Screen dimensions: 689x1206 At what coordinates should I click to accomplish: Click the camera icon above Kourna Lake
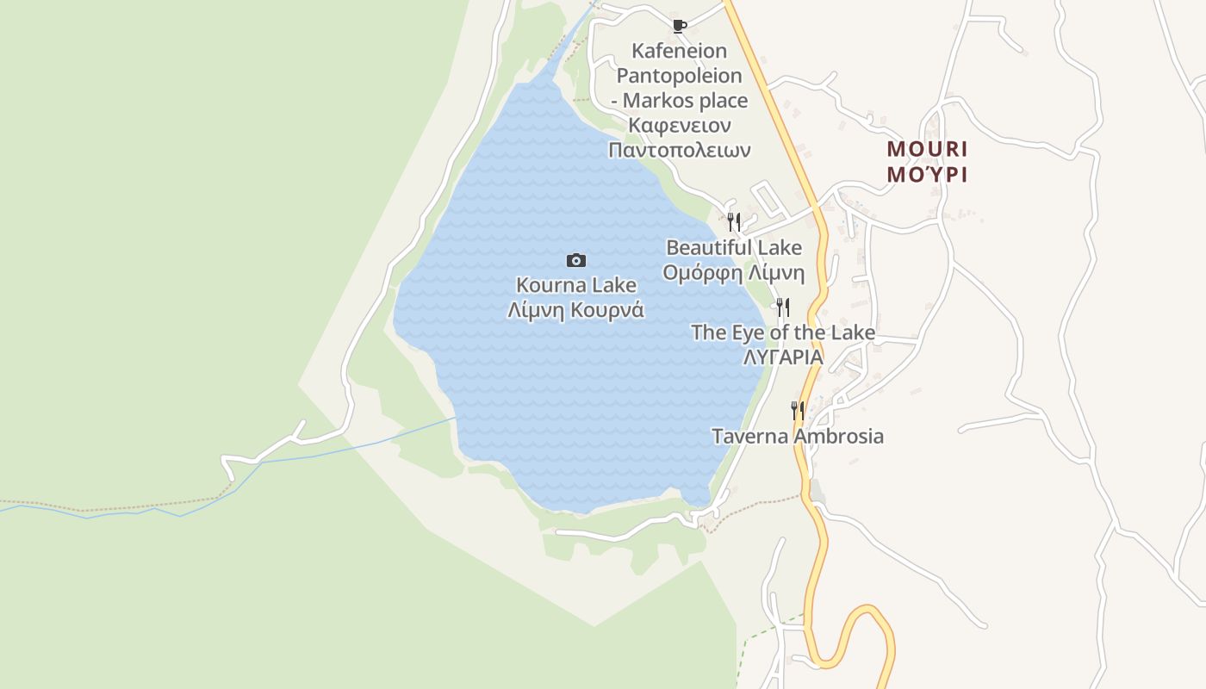click(576, 260)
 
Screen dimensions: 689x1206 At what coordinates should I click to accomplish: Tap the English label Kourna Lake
click(576, 285)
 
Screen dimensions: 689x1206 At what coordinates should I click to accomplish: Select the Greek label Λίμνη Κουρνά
click(576, 310)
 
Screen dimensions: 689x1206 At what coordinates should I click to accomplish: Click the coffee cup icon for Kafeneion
click(679, 26)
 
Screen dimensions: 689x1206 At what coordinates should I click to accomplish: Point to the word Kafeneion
click(679, 51)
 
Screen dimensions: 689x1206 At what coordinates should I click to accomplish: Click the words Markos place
click(686, 101)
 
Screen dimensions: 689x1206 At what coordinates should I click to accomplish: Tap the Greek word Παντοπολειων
click(679, 150)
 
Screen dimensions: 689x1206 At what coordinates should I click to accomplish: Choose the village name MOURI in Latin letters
click(928, 149)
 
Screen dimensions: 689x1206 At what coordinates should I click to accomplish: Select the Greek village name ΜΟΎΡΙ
click(928, 175)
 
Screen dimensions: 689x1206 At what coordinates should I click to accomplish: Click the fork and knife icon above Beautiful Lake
click(734, 222)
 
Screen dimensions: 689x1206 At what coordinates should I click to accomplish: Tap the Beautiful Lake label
click(734, 248)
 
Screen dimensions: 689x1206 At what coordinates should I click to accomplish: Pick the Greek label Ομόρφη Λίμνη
click(734, 274)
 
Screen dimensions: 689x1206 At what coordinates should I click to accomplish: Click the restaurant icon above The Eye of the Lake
click(783, 307)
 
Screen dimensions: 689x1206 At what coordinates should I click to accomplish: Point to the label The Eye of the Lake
click(783, 332)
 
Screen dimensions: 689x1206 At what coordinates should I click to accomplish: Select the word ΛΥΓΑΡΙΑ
click(783, 357)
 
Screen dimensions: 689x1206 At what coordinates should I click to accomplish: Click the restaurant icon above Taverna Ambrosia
click(798, 411)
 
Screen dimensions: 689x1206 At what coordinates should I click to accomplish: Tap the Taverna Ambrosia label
click(798, 436)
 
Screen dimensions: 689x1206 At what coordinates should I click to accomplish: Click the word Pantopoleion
click(679, 76)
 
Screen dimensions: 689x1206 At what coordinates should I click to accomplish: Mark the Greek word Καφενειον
click(679, 126)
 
